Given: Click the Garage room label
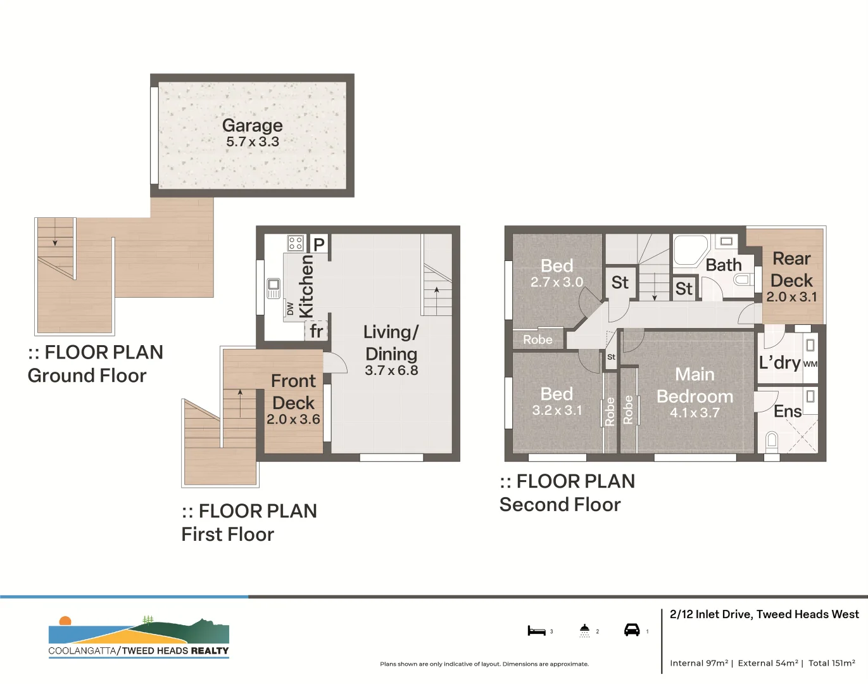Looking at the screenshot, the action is coord(252,125).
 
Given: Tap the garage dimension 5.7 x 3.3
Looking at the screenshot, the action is coord(253,142).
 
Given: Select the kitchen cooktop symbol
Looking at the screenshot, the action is coord(295,243).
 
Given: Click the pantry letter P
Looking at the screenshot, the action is coord(319,244).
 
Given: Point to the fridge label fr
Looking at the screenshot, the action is coord(316,331).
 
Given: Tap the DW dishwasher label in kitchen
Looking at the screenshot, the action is coord(290,308).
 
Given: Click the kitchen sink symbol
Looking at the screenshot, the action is coord(274,288).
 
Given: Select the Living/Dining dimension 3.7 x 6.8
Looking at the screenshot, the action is coord(391,370).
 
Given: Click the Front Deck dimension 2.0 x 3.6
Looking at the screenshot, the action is coord(293,419).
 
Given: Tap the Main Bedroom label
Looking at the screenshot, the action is coord(695,385).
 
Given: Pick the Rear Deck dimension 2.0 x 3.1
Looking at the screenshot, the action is coord(792,297).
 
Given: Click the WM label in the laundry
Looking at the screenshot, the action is coord(810,364).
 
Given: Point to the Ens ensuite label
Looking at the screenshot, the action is coord(788,411).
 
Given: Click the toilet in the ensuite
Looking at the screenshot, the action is coord(772,441).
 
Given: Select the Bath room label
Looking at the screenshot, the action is coord(724,265).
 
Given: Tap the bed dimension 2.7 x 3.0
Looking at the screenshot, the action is coord(557,282).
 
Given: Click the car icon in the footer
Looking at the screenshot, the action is coord(632,630).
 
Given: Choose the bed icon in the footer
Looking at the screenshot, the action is coord(536,630).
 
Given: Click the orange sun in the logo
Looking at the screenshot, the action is coord(65,621).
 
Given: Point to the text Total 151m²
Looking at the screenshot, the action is coord(832,663).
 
